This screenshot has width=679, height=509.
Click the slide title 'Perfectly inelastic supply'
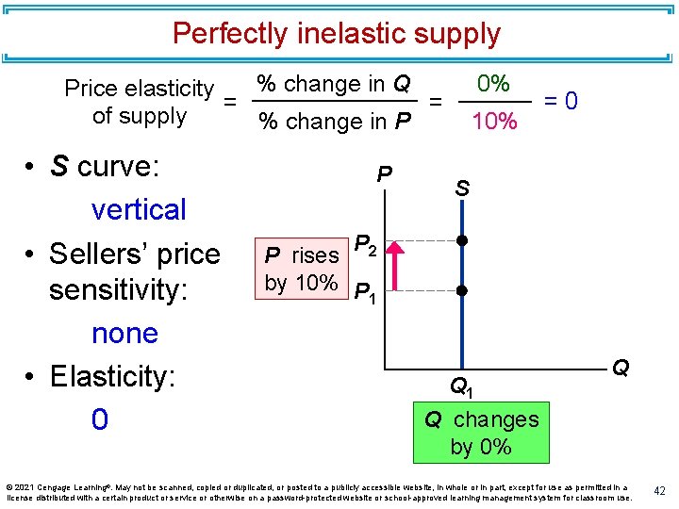tap(336, 34)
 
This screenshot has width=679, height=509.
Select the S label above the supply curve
tap(462, 189)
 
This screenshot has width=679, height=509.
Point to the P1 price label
tap(366, 297)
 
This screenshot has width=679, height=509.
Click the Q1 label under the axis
tap(462, 386)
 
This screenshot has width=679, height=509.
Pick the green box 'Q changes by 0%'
tap(481, 432)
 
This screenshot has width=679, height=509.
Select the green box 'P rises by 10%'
tap(302, 269)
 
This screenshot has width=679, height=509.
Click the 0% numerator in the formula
tap(493, 84)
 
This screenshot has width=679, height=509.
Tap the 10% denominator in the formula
tap(494, 121)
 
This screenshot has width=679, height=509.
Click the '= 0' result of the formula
tap(561, 100)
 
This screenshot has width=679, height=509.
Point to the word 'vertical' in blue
tap(139, 209)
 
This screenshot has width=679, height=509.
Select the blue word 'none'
tap(124, 333)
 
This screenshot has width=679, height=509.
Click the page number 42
tap(659, 490)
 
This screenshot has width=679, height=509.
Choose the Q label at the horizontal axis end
tap(621, 368)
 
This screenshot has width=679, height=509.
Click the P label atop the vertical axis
tap(384, 175)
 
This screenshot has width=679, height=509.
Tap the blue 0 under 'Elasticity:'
tap(100, 419)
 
